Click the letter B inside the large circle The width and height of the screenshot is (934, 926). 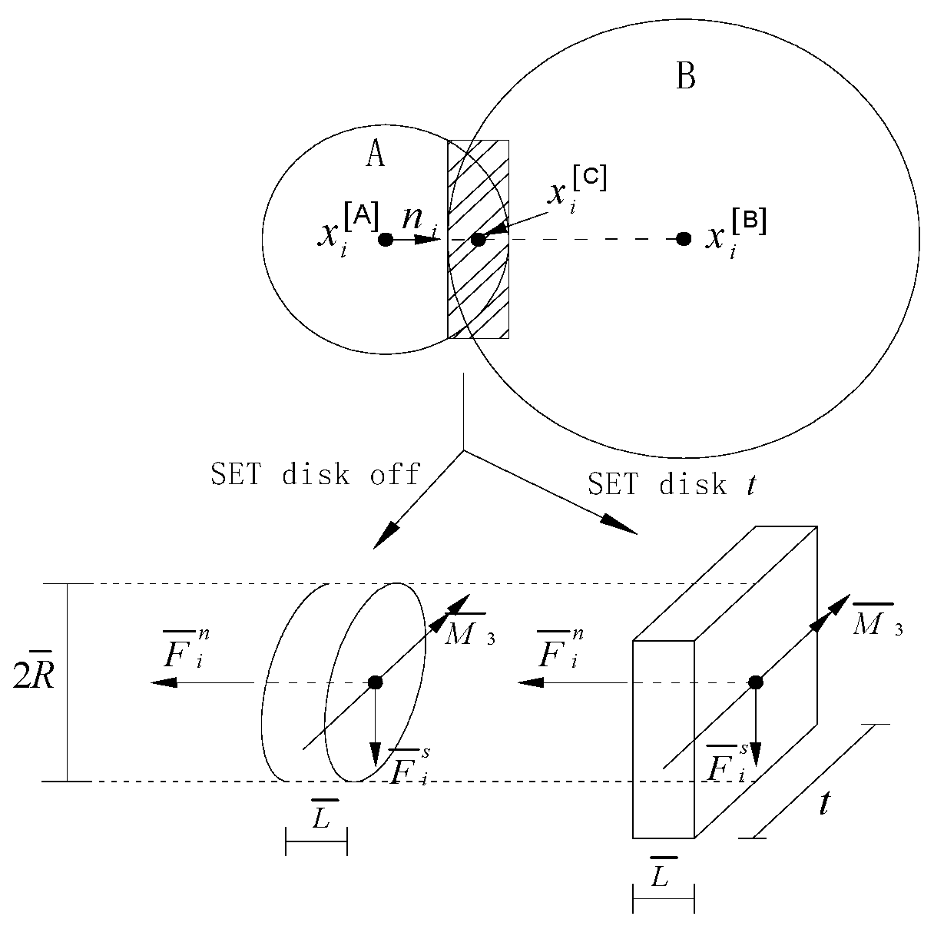685,77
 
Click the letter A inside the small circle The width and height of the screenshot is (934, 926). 375,154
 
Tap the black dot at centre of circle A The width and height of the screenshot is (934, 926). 386,240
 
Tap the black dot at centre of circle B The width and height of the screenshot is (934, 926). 683,239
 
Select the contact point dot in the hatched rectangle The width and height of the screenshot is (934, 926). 478,240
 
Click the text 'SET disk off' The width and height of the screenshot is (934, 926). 316,474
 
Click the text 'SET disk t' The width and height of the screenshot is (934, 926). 670,483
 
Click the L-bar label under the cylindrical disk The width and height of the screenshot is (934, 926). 320,817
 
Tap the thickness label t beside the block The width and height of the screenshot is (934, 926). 824,804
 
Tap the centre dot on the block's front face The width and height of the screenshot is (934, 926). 756,682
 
